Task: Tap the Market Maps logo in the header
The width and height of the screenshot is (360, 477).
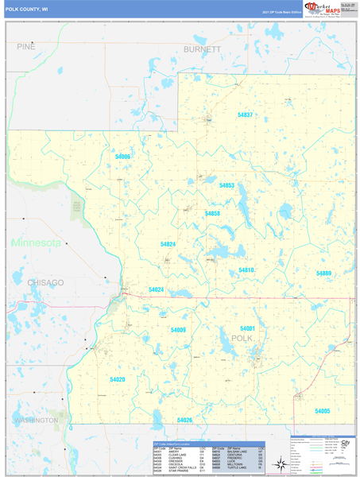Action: click(x=308, y=10)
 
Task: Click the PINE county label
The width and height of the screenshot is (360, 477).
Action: click(x=26, y=48)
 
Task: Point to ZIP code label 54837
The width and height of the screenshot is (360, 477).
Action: click(x=246, y=115)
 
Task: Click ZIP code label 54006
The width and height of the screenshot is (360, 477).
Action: click(x=122, y=157)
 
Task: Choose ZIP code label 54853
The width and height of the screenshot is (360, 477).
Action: click(x=226, y=185)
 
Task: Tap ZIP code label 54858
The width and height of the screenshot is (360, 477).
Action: click(x=212, y=214)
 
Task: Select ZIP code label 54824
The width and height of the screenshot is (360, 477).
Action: click(x=168, y=244)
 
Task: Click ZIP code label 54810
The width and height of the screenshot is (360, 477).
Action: click(x=246, y=270)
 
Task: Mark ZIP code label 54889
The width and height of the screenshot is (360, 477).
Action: click(x=323, y=273)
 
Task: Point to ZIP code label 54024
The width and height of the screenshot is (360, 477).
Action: click(x=156, y=290)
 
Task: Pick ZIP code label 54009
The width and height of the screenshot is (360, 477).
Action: click(x=178, y=329)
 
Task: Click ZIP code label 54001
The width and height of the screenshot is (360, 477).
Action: click(x=247, y=328)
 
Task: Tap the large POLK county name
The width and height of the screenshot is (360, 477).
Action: click(x=242, y=339)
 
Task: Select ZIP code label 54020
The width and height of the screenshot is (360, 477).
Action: click(x=118, y=380)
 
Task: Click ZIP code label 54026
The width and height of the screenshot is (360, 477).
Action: click(x=185, y=419)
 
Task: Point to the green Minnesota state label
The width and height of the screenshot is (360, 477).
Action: click(x=35, y=242)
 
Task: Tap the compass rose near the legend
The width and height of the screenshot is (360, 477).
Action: click(x=280, y=463)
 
